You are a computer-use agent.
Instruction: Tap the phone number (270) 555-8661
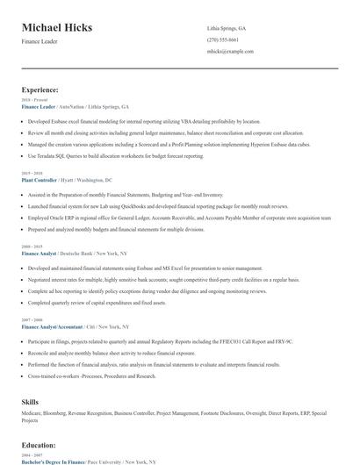tap(224, 39)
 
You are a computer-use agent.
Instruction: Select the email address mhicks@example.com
tap(230, 52)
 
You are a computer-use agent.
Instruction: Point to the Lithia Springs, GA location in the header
tap(227, 28)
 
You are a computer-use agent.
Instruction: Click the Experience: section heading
tap(40, 89)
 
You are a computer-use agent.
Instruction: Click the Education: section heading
tap(40, 445)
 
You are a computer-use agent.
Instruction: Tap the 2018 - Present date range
tap(34, 100)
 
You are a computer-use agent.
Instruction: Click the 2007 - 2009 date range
tap(32, 320)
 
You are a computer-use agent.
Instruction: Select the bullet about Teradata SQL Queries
tap(115, 155)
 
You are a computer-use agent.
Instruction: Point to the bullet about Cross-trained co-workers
tap(91, 376)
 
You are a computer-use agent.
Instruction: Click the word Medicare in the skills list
tap(32, 411)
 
